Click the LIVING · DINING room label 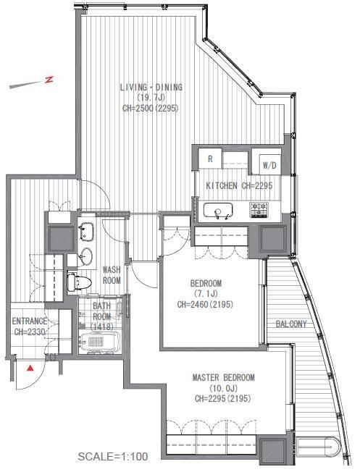click(151, 88)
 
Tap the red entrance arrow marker click(30, 368)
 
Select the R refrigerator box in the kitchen click(210, 159)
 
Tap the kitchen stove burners click(259, 211)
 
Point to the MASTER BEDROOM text click(223, 378)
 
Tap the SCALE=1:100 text click(112, 457)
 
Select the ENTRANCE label click(30, 321)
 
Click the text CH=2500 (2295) click(151, 109)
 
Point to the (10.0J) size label click(223, 388)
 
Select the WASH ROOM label click(111, 274)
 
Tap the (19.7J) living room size click(151, 98)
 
